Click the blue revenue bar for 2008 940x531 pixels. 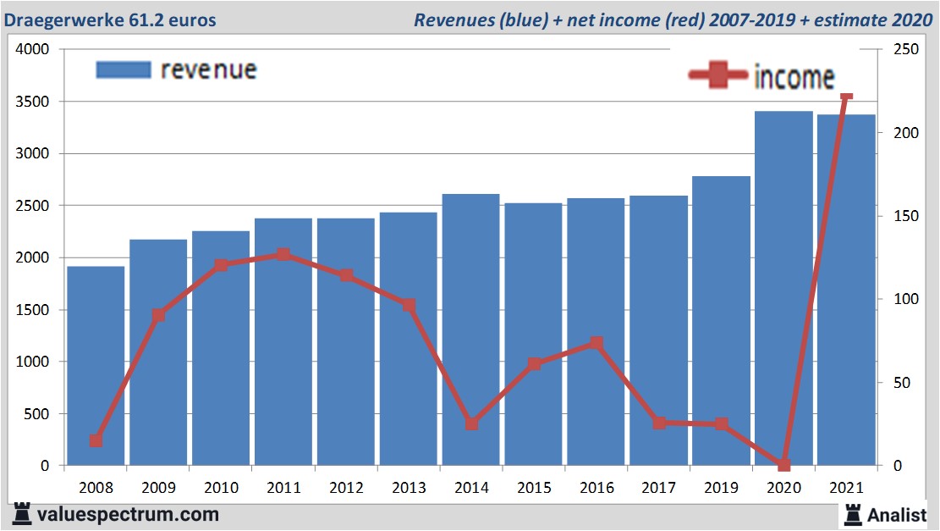tap(96, 366)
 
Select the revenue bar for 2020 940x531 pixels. tap(783, 288)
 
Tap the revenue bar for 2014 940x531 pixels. tap(470, 329)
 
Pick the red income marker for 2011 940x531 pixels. tap(283, 255)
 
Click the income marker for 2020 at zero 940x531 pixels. tap(783, 465)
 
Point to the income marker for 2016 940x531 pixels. tap(596, 343)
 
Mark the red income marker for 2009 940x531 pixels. tap(158, 316)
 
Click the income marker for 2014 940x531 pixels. tap(471, 423)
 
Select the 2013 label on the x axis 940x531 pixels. tap(409, 489)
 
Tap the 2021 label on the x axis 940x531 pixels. tap(846, 489)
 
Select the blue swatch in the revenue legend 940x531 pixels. tap(123, 69)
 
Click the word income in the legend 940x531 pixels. tap(793, 78)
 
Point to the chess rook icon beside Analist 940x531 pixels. tap(852, 514)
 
